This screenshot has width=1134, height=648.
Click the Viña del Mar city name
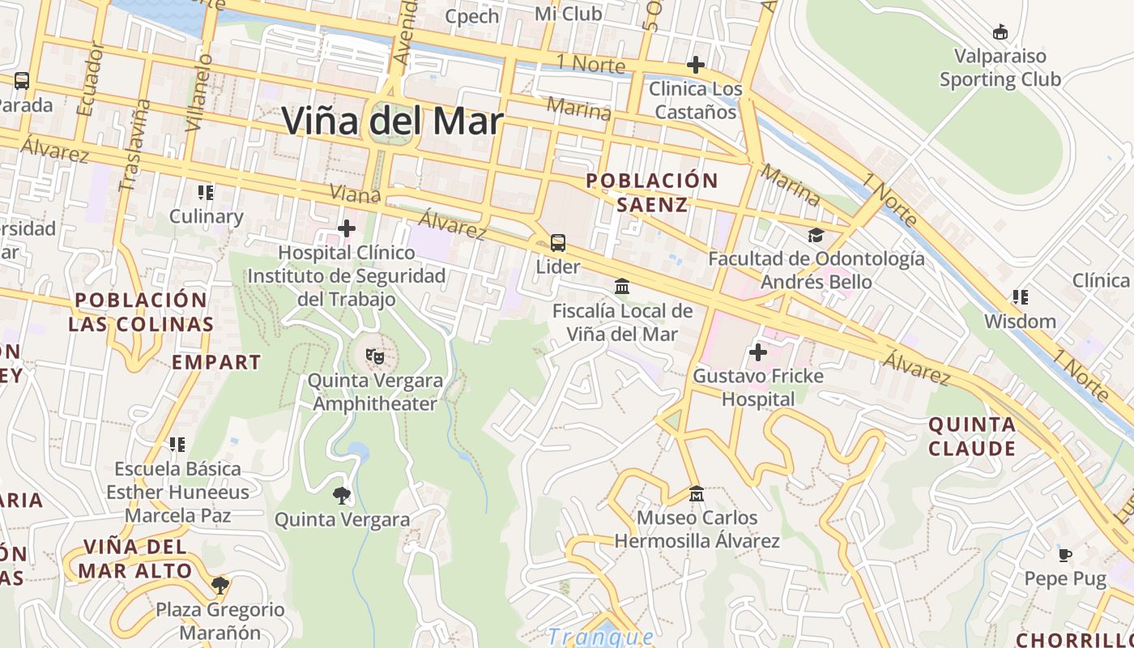[392, 122]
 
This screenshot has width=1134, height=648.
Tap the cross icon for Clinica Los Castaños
[695, 65]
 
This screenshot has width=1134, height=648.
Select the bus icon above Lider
[558, 242]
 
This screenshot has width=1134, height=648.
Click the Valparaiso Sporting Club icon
[1000, 32]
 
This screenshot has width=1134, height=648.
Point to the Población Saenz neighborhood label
[652, 192]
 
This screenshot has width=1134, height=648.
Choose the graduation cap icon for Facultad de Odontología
[816, 235]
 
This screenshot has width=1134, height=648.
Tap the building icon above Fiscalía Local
[622, 287]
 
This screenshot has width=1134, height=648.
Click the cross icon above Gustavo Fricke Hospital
[758, 352]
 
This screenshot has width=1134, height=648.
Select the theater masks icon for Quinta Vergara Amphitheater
[374, 356]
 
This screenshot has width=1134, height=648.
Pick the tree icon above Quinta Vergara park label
[342, 495]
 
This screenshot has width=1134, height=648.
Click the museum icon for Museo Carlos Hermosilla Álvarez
[696, 493]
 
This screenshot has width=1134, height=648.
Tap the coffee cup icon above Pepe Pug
[1065, 555]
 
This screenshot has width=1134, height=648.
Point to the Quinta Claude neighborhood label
[972, 437]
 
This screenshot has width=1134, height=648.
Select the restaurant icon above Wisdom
[1020, 297]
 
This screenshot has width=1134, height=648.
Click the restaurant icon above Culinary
[206, 193]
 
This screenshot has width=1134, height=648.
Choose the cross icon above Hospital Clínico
[347, 229]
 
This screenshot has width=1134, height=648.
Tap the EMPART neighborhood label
[216, 362]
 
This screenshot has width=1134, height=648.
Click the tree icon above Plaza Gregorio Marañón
[220, 585]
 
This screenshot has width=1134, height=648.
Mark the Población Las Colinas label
[141, 312]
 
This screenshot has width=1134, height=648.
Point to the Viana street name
[356, 194]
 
